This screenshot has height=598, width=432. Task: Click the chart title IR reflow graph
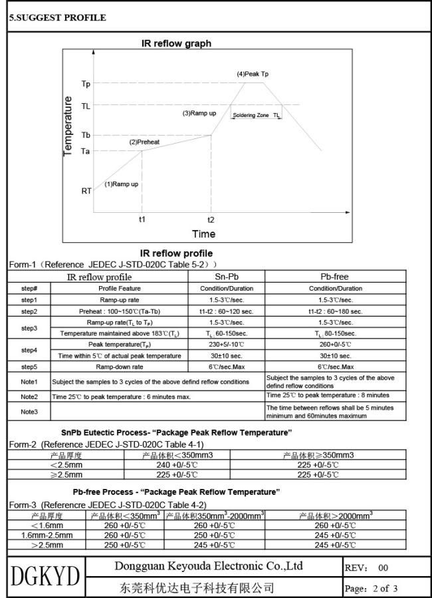point(177,44)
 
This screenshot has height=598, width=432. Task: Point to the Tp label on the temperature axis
point(86,84)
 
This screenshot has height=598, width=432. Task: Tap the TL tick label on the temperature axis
point(86,105)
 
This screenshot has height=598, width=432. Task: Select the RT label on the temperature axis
point(86,191)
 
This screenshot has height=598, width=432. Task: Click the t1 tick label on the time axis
point(142,219)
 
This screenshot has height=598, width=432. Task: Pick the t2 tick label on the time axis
point(211,219)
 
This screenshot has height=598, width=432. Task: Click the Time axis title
point(203,233)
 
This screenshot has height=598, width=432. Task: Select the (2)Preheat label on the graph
point(142,142)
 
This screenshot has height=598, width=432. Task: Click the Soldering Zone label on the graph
point(251,115)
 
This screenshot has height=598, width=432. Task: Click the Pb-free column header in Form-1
point(335,276)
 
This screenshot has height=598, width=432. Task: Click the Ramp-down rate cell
point(125,367)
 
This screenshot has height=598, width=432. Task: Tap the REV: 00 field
point(366,567)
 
